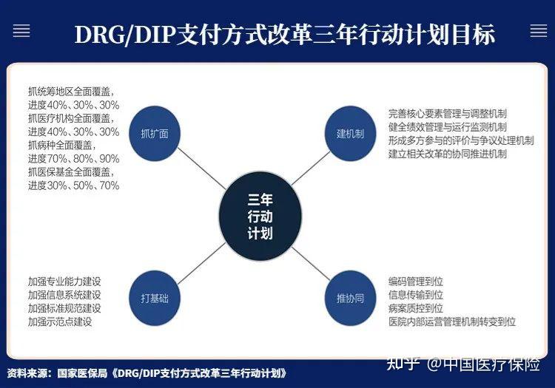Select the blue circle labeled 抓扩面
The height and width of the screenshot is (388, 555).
click(x=155, y=134)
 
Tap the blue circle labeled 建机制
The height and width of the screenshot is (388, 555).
click(x=351, y=134)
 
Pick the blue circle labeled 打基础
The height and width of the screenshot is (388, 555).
click(x=155, y=299)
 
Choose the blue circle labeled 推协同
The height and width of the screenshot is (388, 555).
click(x=351, y=299)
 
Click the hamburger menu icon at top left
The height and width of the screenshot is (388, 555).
click(x=21, y=31)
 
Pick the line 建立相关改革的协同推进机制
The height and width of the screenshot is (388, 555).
click(x=447, y=154)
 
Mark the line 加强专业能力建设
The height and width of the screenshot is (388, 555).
click(x=64, y=282)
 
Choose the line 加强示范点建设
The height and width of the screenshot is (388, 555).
click(x=59, y=321)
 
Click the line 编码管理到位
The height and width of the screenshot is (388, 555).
click(x=415, y=282)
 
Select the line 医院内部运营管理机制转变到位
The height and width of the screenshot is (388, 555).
click(x=451, y=321)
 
